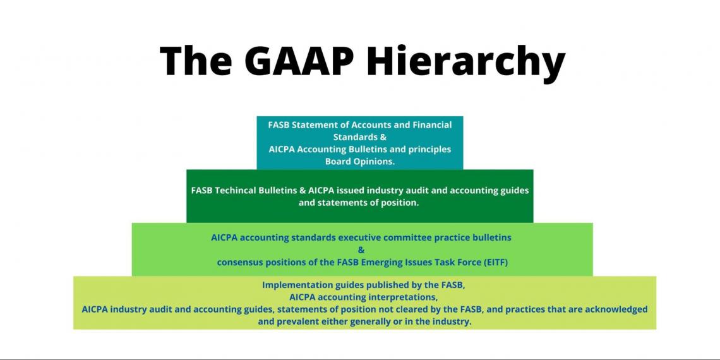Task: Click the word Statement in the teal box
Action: pyautogui.click(x=314, y=125)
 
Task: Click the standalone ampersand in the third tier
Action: pyautogui.click(x=361, y=249)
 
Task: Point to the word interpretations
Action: pyautogui.click(x=400, y=297)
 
